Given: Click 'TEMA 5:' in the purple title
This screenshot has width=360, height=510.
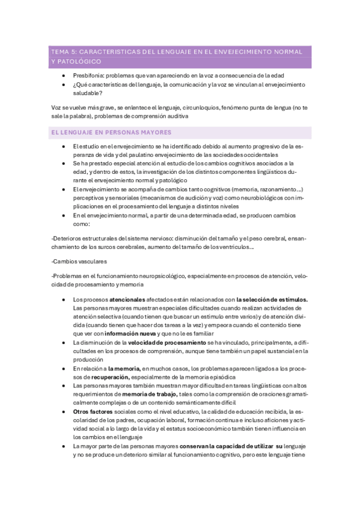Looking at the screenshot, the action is [x=63, y=52].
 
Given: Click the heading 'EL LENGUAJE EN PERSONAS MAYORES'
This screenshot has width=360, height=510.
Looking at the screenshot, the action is [x=111, y=132].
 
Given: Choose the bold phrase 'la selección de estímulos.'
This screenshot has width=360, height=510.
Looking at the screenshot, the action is [x=272, y=299].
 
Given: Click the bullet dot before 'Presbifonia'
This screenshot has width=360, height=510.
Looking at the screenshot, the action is [x=64, y=75].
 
